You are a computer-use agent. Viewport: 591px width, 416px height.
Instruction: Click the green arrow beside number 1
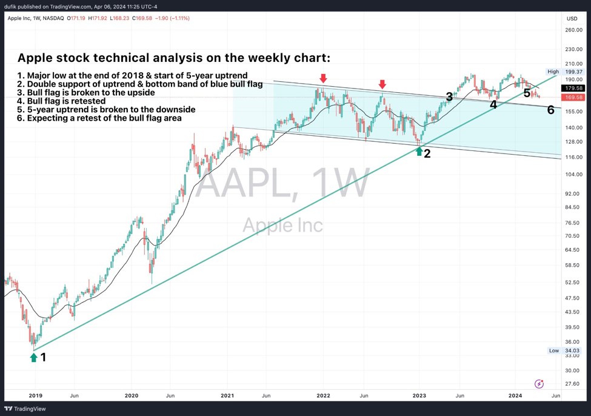[33, 357]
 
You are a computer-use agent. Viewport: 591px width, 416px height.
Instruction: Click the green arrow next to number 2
[419, 151]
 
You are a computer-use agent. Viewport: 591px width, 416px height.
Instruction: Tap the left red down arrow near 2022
[323, 78]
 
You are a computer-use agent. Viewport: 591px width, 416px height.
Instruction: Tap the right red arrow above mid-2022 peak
[382, 84]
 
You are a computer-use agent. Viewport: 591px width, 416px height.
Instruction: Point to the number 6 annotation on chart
[550, 110]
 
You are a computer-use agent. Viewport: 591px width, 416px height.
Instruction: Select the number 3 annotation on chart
[449, 96]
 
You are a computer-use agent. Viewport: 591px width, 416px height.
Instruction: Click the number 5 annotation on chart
[527, 93]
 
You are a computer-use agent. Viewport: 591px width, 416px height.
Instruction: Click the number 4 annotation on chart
[493, 104]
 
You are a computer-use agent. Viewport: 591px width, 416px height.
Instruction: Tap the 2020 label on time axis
[132, 395]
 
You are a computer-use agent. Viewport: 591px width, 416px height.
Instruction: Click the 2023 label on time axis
[419, 395]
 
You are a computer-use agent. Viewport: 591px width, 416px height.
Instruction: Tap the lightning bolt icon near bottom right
[539, 384]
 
